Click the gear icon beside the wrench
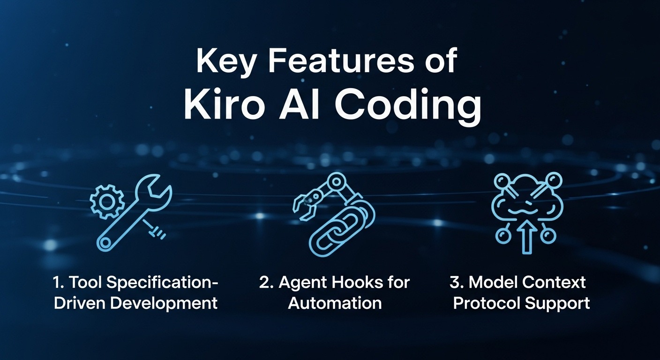[107, 201]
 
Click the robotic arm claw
[305, 206]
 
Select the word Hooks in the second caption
[355, 283]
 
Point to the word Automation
[335, 303]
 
